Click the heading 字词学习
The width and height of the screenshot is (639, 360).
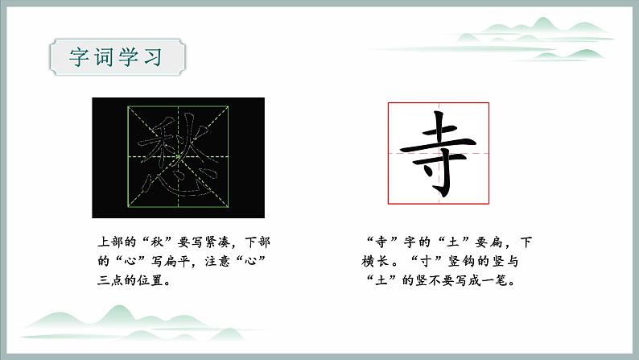[117, 58]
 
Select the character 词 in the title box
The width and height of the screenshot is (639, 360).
[105, 58]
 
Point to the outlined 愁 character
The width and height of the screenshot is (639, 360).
[178, 157]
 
